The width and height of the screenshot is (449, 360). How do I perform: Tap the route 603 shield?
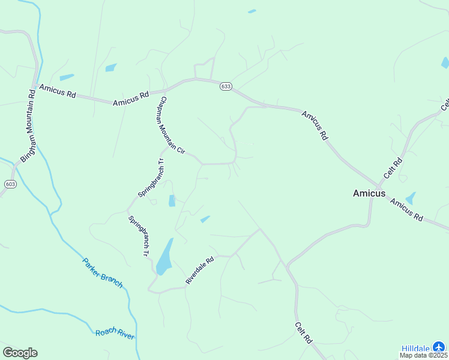coord(10,184)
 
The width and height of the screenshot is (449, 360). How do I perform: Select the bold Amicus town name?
coord(369,193)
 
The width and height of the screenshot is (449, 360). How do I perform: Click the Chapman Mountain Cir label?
coord(171,124)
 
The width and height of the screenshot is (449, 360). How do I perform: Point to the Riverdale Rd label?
coord(200,271)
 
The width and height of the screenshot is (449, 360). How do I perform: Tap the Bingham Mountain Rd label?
coord(29,126)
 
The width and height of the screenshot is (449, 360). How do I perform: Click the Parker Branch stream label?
coord(103,273)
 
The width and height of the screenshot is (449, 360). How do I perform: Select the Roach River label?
coord(115,334)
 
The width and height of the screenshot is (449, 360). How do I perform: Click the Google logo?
coord(20,353)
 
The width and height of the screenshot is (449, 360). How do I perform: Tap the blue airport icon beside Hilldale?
coord(439,347)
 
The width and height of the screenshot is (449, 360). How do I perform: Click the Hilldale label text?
coord(415,348)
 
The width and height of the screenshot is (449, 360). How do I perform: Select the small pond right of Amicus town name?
coord(411,199)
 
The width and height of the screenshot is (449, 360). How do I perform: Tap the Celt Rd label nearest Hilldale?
coord(304,332)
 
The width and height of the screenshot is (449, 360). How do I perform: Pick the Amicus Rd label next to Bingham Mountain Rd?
coord(58,91)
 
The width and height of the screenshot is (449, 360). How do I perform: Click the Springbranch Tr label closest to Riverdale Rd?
coord(138,236)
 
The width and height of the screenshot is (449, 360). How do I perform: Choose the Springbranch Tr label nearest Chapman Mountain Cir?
coord(151,178)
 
